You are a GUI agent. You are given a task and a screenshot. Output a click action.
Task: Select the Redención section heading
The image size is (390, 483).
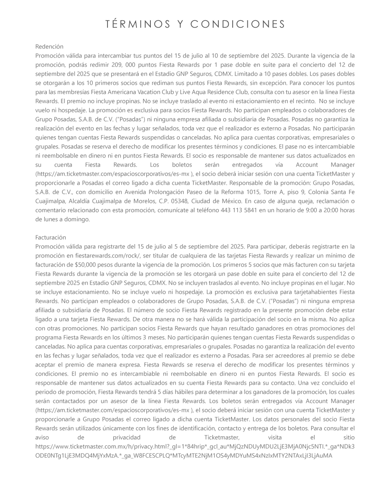tap(49, 46)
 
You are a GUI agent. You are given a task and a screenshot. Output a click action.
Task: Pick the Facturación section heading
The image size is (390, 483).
tap(51, 237)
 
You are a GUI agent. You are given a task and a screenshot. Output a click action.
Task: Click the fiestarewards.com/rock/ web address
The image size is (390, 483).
tap(97, 255)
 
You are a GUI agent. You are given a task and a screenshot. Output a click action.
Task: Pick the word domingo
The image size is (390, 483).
tap(78, 219)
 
